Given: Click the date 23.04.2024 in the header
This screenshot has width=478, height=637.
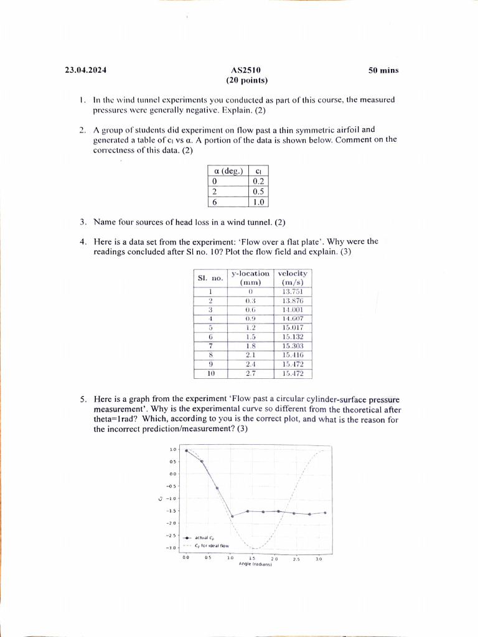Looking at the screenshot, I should (x=86, y=70).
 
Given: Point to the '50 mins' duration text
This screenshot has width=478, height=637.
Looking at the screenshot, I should (x=383, y=70).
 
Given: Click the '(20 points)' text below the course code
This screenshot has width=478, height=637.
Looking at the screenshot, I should (x=247, y=80).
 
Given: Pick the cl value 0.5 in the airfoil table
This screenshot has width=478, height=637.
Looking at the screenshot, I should (x=258, y=192).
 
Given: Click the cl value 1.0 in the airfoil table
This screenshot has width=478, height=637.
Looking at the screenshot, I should (x=258, y=202).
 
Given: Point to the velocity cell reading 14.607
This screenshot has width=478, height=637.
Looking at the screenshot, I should (x=293, y=318).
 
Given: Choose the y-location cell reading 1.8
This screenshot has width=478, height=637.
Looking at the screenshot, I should (x=250, y=346).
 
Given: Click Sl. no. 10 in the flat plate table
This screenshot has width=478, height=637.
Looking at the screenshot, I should (x=211, y=374).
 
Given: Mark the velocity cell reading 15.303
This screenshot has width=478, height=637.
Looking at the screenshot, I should (x=293, y=346).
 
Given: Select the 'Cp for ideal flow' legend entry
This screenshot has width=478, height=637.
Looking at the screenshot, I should (x=212, y=545).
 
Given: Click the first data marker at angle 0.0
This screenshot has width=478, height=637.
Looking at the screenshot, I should (x=187, y=451).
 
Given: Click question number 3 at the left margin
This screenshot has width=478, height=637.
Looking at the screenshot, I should (x=83, y=222).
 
